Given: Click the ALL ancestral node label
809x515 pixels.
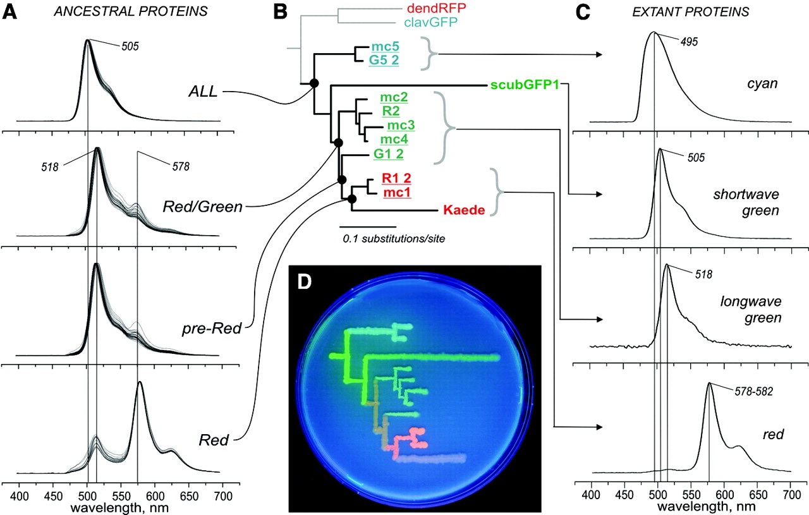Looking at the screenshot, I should tap(204, 92).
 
